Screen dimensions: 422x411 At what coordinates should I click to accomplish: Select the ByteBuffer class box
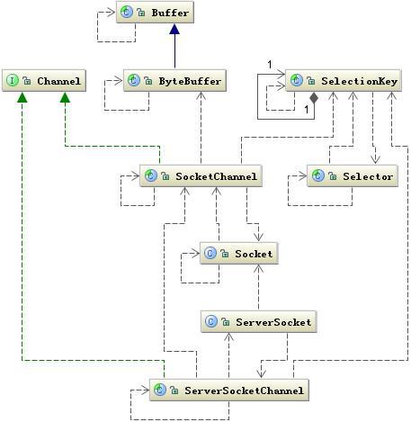pyautogui.click(x=173, y=81)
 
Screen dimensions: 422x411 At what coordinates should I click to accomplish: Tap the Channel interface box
pyautogui.click(x=44, y=81)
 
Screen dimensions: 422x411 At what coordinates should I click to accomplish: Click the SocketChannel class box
pyautogui.click(x=201, y=176)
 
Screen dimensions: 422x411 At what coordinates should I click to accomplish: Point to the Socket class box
pyautogui.click(x=237, y=255)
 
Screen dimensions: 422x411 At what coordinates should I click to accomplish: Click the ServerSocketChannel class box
pyautogui.click(x=228, y=391)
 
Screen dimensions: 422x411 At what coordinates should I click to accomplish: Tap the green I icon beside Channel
pyautogui.click(x=13, y=81)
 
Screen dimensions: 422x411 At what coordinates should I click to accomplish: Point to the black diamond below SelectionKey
pyautogui.click(x=313, y=97)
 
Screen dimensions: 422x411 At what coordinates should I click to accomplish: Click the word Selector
pyautogui.click(x=368, y=176)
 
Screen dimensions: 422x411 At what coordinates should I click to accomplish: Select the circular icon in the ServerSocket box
pyautogui.click(x=210, y=321)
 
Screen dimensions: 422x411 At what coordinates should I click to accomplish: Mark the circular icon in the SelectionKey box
pyautogui.click(x=297, y=81)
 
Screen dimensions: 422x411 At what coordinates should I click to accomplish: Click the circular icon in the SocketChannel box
pyautogui.click(x=151, y=176)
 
